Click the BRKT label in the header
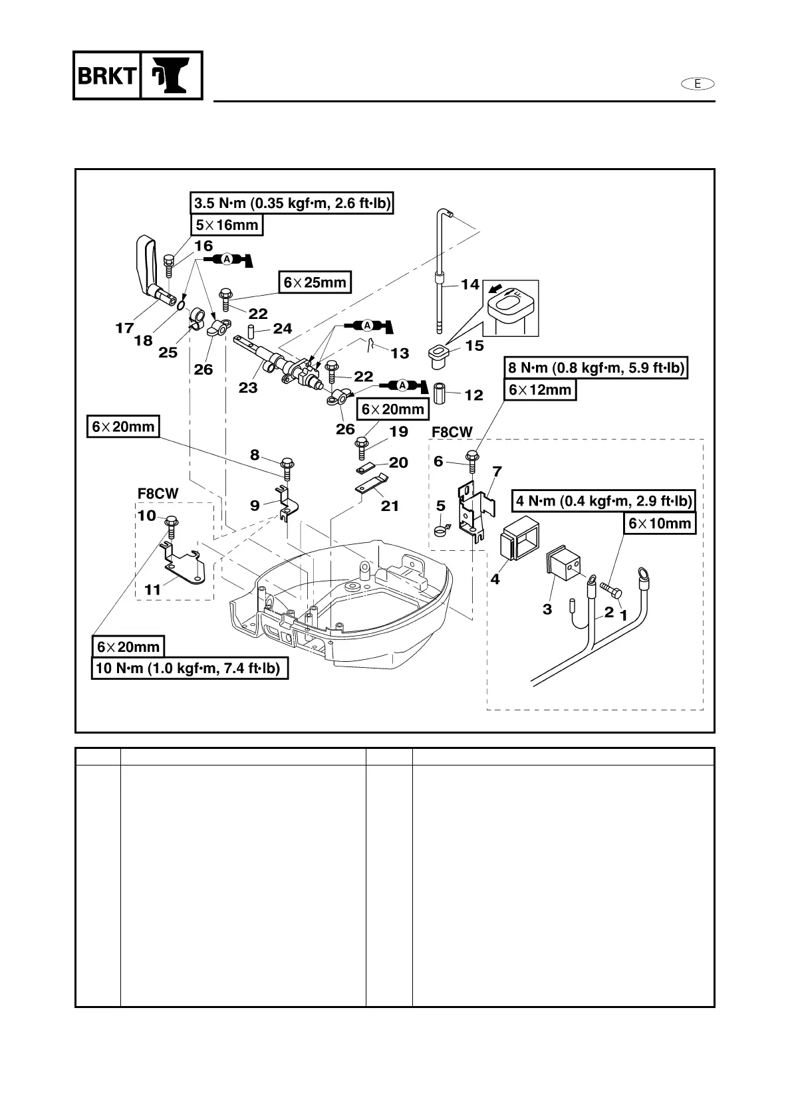[106, 76]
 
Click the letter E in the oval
[698, 83]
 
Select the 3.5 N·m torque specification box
[292, 203]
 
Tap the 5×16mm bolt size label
[227, 225]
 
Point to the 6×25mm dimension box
[315, 282]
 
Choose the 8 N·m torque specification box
[596, 367]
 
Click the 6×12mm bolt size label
[540, 389]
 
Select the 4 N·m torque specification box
[603, 501]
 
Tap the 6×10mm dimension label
[660, 523]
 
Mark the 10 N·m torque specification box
[190, 668]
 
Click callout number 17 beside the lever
[124, 328]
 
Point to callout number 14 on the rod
[470, 284]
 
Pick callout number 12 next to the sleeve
[473, 395]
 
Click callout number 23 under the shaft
[248, 387]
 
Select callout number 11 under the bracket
[153, 589]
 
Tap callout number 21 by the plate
[390, 506]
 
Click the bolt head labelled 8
[287, 462]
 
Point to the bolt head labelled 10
[170, 521]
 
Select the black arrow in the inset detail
[496, 289]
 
